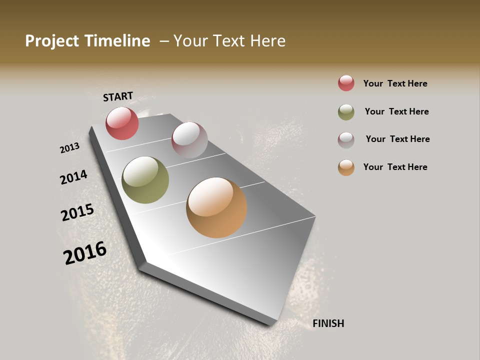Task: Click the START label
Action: point(118,96)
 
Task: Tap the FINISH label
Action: point(328,323)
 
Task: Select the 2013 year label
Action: point(69,148)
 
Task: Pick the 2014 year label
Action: point(73,177)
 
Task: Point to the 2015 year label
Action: point(77,212)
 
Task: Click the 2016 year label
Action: point(85,253)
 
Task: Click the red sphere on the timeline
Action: point(122,123)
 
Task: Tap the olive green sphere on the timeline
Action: point(145,180)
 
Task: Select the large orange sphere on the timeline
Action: point(216,207)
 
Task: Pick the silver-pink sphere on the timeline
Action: point(189,140)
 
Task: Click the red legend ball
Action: point(346,83)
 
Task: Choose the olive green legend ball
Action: point(346,112)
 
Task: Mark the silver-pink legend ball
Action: point(346,140)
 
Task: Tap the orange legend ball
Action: point(346,167)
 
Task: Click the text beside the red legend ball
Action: point(395,83)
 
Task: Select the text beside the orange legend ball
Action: point(395,167)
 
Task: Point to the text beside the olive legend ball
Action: point(396,111)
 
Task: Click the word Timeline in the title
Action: point(118,41)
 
